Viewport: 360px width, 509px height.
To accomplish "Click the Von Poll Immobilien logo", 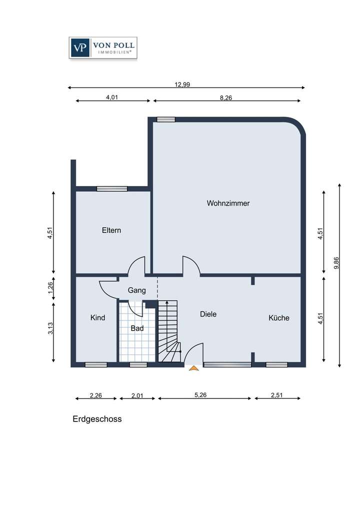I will pyautogui.click(x=102, y=48).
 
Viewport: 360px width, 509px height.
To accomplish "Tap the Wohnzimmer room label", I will pyautogui.click(x=228, y=203).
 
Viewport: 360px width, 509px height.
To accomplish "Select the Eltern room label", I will pyautogui.click(x=111, y=230).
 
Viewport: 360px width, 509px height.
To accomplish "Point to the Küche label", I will pyautogui.click(x=278, y=318).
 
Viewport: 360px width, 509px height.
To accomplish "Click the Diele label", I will pyautogui.click(x=208, y=314).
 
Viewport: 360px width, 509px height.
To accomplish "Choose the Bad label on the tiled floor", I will pyautogui.click(x=137, y=328).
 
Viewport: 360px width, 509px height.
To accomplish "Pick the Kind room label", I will pyautogui.click(x=97, y=317).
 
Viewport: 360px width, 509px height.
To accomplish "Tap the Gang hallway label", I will pyautogui.click(x=136, y=290).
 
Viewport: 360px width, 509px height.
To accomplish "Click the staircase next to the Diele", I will pyautogui.click(x=168, y=330).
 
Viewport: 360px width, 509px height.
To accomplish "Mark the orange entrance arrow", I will pyautogui.click(x=193, y=368).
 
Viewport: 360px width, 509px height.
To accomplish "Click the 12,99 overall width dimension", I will pyautogui.click(x=182, y=84).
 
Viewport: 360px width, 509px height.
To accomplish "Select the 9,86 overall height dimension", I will pyautogui.click(x=336, y=263).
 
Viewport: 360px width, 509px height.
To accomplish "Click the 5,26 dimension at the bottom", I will pyautogui.click(x=200, y=395).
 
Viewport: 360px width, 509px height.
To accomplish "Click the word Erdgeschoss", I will pyautogui.click(x=97, y=419).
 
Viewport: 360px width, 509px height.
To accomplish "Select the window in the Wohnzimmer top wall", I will pyautogui.click(x=166, y=119).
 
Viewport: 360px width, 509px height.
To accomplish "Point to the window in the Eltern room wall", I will pyautogui.click(x=112, y=188).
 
